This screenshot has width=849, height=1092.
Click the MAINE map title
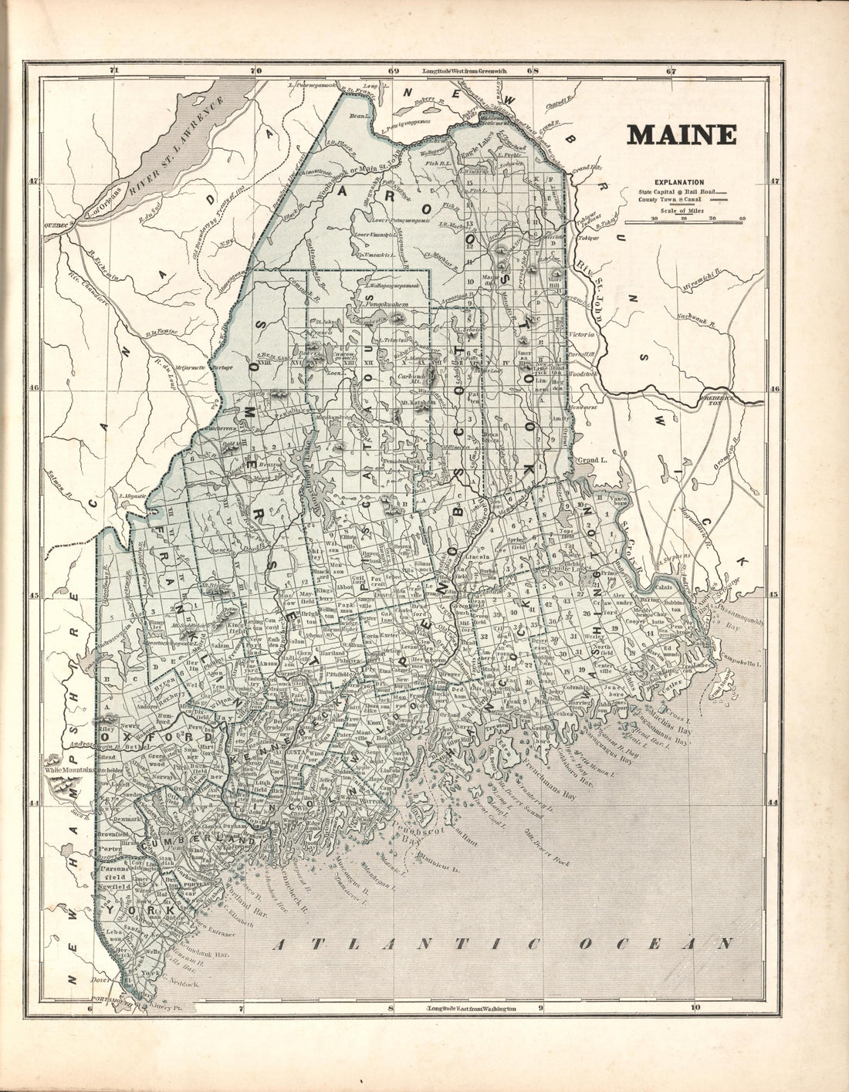[x=681, y=134]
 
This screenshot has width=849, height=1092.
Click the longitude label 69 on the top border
[x=393, y=71]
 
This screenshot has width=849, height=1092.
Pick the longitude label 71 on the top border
[x=114, y=71]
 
